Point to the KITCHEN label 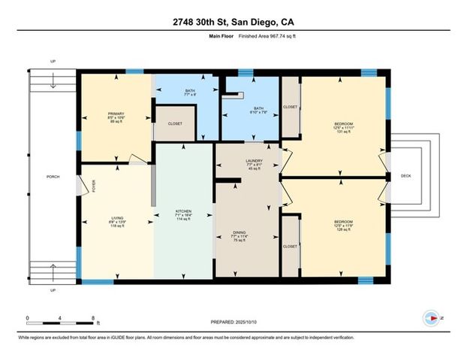pyautogui.click(x=183, y=211)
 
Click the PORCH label pyautogui.click(x=53, y=177)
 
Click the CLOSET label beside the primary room pyautogui.click(x=175, y=123)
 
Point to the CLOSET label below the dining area pyautogui.click(x=289, y=246)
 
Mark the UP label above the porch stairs pyautogui.click(x=52, y=62)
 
